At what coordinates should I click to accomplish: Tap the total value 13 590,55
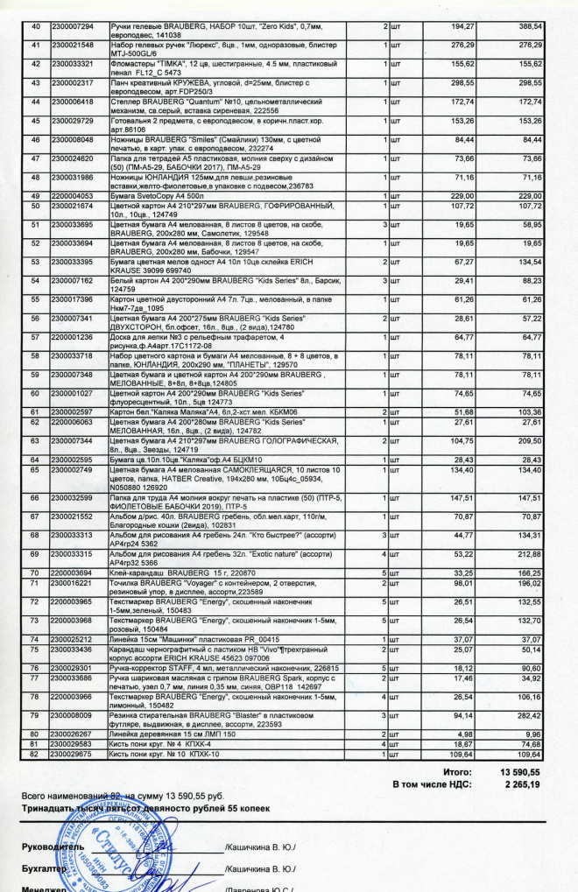[x=519, y=772]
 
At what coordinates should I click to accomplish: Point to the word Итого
[x=458, y=772]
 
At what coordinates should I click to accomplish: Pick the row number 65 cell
[x=36, y=470]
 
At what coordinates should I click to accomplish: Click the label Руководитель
[x=53, y=848]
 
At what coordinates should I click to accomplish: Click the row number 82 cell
[x=36, y=754]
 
